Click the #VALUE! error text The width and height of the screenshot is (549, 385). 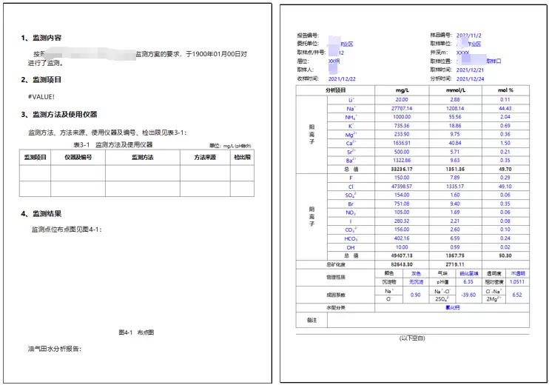[41, 97]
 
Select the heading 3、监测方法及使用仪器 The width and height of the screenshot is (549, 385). [59, 115]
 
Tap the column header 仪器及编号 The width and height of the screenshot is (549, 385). [78, 158]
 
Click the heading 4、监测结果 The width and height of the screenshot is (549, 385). [46, 214]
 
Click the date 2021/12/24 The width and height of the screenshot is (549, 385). [471, 78]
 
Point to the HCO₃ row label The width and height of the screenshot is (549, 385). [351, 238]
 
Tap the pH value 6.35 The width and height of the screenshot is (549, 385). [468, 281]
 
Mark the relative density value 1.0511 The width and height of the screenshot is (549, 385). [516, 281]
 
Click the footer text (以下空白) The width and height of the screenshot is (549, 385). [414, 338]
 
